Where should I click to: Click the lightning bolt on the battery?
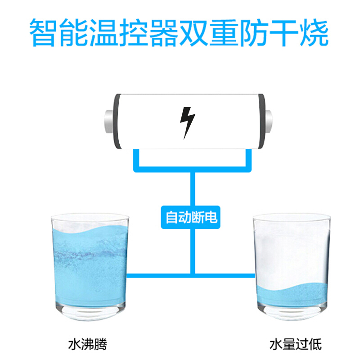(187, 123)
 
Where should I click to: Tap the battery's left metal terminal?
(109, 121)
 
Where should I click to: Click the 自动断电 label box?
(190, 217)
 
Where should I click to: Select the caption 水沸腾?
(88, 344)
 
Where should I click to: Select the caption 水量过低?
(296, 344)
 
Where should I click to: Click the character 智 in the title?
(43, 32)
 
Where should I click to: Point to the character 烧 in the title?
(314, 32)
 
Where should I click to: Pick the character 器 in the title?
(164, 32)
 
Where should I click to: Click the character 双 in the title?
(193, 32)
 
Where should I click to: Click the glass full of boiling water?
(90, 266)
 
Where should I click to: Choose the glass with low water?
(292, 266)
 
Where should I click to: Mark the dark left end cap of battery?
(117, 121)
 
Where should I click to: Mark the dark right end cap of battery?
(261, 121)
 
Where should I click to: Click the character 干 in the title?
(284, 32)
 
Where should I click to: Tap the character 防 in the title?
(254, 32)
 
